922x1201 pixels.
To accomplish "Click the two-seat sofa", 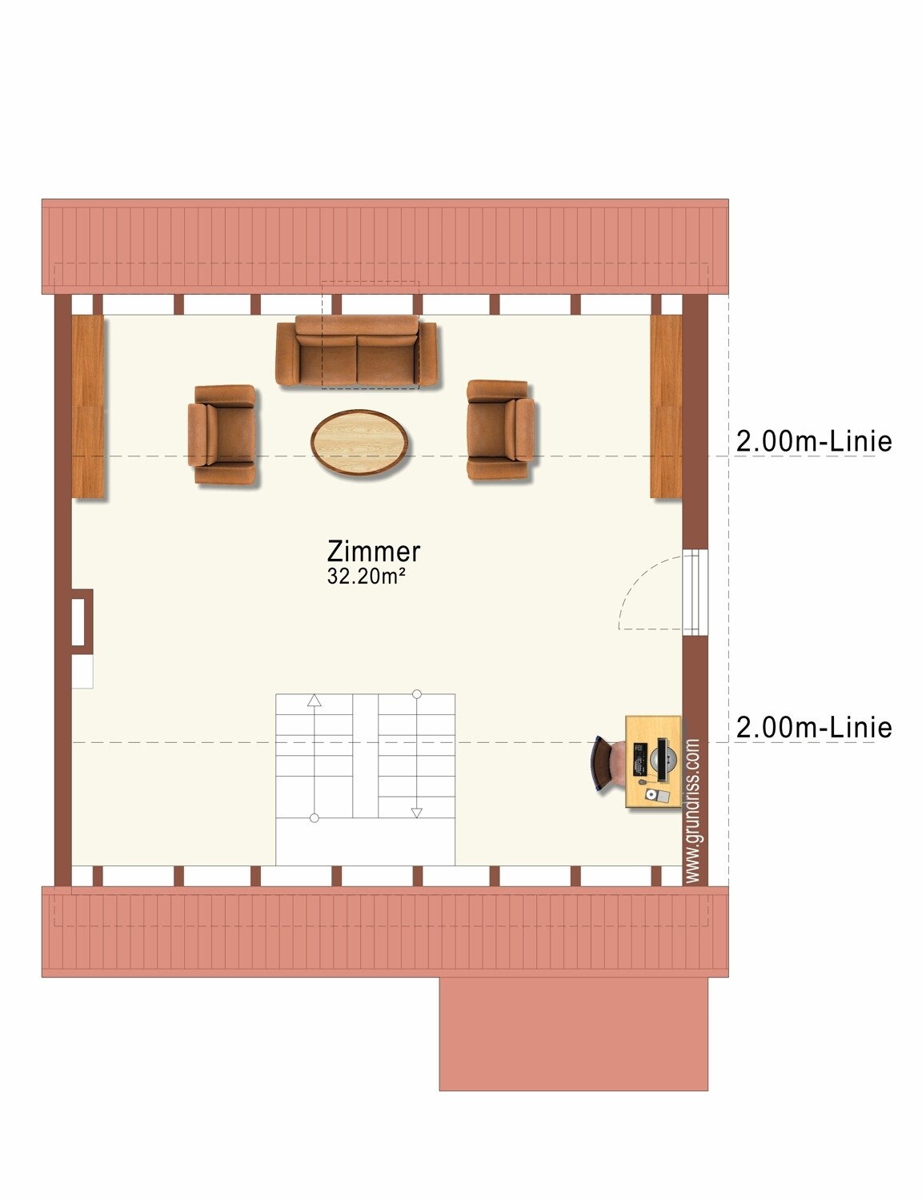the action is pyautogui.click(x=356, y=351).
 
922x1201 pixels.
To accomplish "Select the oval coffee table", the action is pyautogui.click(x=359, y=442).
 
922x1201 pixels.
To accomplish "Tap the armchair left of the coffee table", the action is pyautogui.click(x=222, y=435).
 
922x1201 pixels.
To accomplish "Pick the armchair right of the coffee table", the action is pyautogui.click(x=500, y=429).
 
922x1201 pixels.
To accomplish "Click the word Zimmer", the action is pyautogui.click(x=374, y=551).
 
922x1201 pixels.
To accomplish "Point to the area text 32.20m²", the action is pyautogui.click(x=367, y=576).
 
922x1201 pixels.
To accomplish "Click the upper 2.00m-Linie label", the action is pyautogui.click(x=814, y=441).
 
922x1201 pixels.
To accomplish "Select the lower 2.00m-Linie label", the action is pyautogui.click(x=814, y=727).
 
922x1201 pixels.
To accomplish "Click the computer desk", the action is pyautogui.click(x=653, y=761).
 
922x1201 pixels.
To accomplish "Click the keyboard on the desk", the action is pyautogui.click(x=639, y=759).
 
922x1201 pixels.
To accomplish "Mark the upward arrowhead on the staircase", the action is pyautogui.click(x=315, y=701).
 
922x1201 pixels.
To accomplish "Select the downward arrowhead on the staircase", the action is pyautogui.click(x=417, y=813).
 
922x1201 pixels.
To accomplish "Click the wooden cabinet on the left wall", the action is pyautogui.click(x=88, y=406).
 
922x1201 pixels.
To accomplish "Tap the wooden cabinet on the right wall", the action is pyautogui.click(x=666, y=406).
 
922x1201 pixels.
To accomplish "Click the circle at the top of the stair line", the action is pyautogui.click(x=417, y=693).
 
